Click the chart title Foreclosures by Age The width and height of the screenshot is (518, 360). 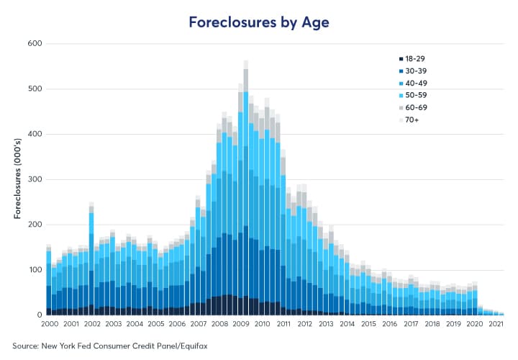pyautogui.click(x=258, y=22)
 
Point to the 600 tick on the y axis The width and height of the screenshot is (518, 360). pyautogui.click(x=34, y=44)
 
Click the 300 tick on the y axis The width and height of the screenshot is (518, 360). pyautogui.click(x=34, y=179)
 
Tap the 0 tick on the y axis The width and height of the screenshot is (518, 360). pyautogui.click(x=39, y=315)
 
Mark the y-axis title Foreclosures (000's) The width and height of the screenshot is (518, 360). pyautogui.click(x=17, y=180)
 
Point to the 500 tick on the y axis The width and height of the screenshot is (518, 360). pyautogui.click(x=34, y=89)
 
